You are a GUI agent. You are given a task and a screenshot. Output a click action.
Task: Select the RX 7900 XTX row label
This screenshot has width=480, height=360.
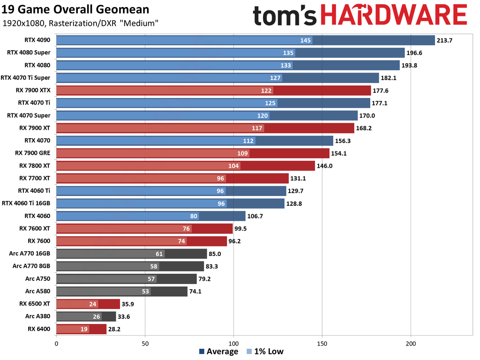(x=35, y=90)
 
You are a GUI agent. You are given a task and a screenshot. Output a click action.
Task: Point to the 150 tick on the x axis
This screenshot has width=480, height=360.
(x=322, y=344)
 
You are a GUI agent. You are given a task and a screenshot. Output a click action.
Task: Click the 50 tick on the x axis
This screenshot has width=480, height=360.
(x=145, y=344)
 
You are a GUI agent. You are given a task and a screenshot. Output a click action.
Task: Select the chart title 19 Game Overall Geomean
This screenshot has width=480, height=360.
(x=76, y=9)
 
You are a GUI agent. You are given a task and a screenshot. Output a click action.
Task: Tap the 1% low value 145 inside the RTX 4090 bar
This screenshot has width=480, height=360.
(x=306, y=40)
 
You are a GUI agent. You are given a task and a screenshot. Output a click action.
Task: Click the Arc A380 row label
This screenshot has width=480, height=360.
(x=38, y=316)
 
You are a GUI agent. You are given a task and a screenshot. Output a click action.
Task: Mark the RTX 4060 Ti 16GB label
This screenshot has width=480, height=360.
(x=26, y=203)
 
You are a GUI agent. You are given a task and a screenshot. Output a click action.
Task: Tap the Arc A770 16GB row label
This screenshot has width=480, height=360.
(x=30, y=254)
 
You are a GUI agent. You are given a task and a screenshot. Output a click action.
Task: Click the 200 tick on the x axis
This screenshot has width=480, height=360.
(x=411, y=344)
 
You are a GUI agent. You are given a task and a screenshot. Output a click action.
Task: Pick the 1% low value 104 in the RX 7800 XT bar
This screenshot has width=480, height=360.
(x=234, y=166)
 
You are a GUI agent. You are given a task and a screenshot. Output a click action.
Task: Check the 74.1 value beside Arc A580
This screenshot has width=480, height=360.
(x=198, y=291)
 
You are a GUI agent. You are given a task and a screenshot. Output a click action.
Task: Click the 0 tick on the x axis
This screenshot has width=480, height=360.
(x=56, y=344)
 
